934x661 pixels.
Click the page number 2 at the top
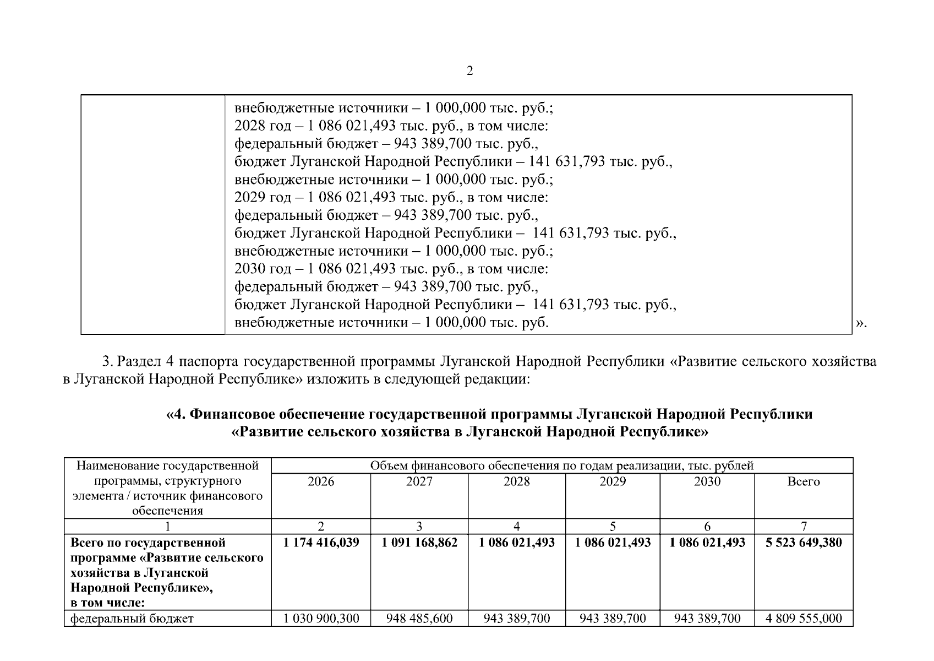click(x=469, y=71)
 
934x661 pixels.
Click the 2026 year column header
click(x=321, y=482)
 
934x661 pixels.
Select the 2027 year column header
click(x=419, y=482)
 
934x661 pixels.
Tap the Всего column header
click(x=804, y=482)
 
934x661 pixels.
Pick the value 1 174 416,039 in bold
click(x=321, y=543)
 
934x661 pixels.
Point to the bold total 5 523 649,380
click(x=804, y=543)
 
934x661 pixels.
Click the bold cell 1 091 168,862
click(x=419, y=543)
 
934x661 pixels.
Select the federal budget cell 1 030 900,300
click(x=321, y=619)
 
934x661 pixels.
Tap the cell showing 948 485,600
click(x=419, y=619)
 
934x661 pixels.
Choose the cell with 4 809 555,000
click(x=804, y=619)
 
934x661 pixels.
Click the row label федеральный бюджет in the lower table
click(x=132, y=619)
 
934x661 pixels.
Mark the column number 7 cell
click(x=804, y=527)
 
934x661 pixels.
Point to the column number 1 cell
click(x=168, y=527)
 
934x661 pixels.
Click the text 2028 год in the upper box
click(x=260, y=126)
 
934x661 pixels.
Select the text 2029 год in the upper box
click(x=260, y=198)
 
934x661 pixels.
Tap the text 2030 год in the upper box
click(x=260, y=269)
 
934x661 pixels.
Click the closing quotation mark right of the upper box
click(x=861, y=323)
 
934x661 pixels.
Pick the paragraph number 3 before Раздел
click(x=107, y=362)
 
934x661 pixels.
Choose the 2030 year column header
click(x=707, y=482)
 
